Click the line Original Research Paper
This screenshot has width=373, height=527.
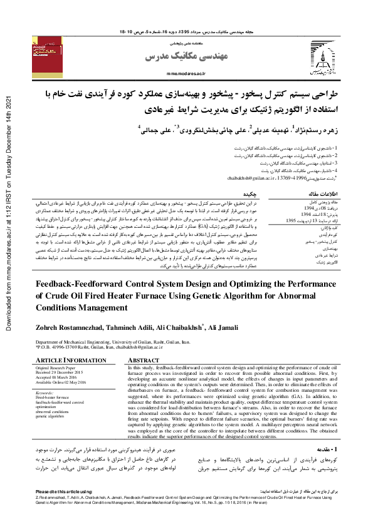(x=58, y=367)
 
